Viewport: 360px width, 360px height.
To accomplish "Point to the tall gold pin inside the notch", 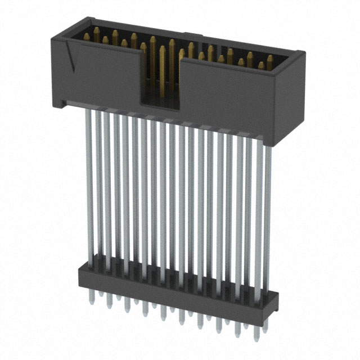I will (x=162, y=67).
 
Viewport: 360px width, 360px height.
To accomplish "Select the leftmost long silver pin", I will (x=89, y=180).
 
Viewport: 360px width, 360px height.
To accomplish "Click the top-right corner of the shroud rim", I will (x=304, y=53).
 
